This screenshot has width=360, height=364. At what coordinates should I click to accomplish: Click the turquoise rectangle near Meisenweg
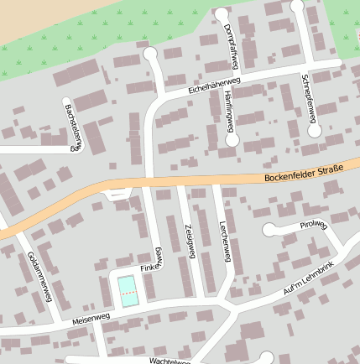point(128,290)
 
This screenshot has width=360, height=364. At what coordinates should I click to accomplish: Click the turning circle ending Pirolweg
point(269,230)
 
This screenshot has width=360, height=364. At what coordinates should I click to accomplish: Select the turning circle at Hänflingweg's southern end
point(232,140)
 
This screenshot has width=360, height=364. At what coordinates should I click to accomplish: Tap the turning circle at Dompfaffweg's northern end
point(222,13)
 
